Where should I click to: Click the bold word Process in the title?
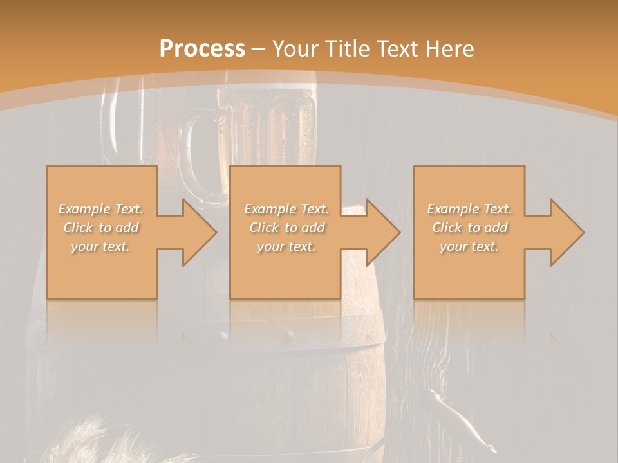click(202, 48)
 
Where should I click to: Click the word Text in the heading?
click(397, 48)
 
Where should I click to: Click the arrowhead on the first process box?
click(196, 232)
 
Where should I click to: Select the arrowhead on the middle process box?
click(380, 232)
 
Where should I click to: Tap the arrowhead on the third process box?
click(564, 232)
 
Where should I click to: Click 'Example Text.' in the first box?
click(101, 209)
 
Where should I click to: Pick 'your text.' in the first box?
click(101, 246)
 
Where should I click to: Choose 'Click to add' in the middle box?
click(286, 228)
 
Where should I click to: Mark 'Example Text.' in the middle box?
click(286, 209)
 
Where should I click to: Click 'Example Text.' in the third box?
click(469, 209)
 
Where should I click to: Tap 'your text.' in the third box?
click(469, 246)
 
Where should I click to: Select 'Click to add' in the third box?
click(469, 228)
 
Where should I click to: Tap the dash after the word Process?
click(259, 49)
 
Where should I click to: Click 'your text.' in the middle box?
click(286, 246)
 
